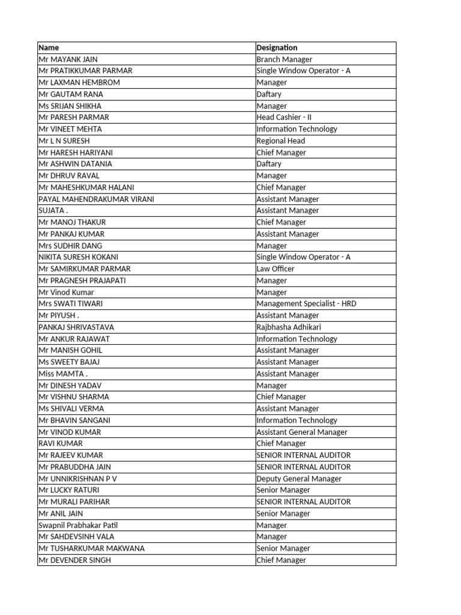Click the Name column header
(x=49, y=47)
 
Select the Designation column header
(x=277, y=47)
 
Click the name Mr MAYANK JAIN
(x=68, y=59)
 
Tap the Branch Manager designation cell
(x=284, y=59)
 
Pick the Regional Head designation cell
(x=280, y=141)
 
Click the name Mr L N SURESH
(x=64, y=141)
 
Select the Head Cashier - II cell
(x=282, y=118)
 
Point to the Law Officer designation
(x=276, y=268)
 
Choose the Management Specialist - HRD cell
(x=306, y=304)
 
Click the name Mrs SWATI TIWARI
(x=70, y=304)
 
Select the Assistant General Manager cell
(x=302, y=432)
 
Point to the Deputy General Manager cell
(x=299, y=479)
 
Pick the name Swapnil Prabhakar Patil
(x=77, y=526)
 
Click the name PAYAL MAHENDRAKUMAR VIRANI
(x=96, y=199)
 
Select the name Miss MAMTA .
(x=63, y=374)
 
